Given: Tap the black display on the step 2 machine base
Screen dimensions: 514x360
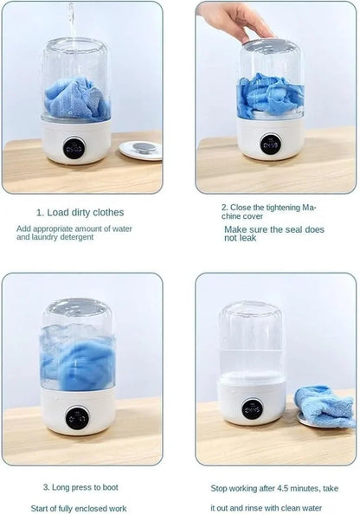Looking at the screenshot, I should coord(270,145).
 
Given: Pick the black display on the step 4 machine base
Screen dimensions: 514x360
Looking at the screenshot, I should coord(253,409).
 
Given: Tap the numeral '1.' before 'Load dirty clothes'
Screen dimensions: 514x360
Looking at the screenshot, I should coord(40,212).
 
